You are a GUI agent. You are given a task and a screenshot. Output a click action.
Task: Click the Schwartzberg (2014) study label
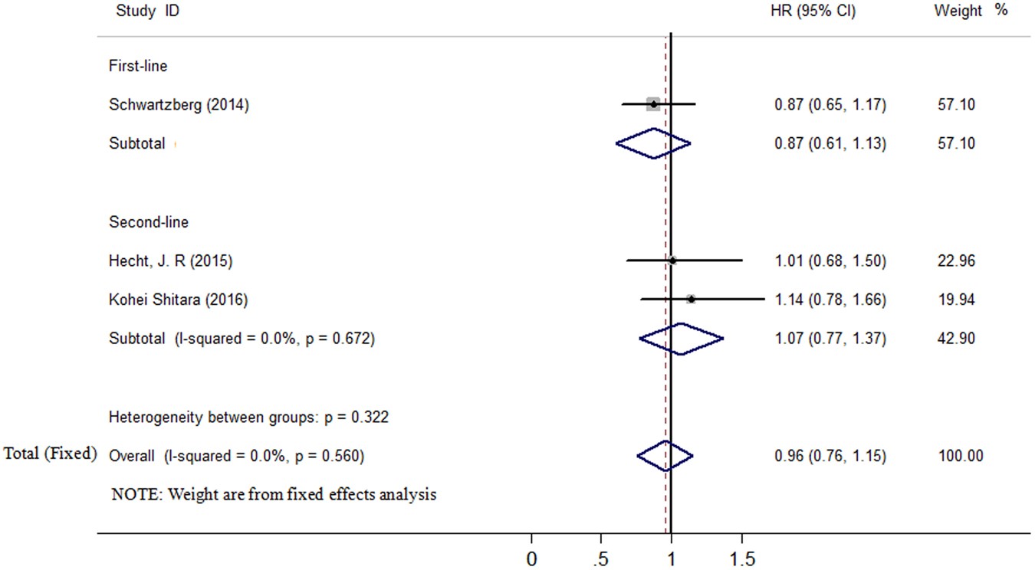tap(179, 106)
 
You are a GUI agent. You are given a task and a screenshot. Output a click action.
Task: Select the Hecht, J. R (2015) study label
tap(170, 261)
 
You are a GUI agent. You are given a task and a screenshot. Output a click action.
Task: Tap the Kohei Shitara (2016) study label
tap(178, 300)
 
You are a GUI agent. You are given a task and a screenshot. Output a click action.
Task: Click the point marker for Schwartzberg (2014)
tap(652, 103)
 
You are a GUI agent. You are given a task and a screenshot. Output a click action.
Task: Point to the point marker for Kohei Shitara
tap(691, 299)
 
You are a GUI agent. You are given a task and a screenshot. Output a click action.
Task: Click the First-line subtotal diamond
tap(653, 143)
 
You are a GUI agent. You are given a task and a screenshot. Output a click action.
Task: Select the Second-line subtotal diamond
tap(681, 339)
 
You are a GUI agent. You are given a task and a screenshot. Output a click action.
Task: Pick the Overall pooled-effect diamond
tap(665, 456)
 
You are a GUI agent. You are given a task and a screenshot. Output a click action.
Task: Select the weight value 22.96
tap(956, 261)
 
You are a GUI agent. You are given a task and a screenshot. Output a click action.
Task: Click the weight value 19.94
tap(956, 300)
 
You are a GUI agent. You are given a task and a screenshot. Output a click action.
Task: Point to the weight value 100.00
tap(960, 457)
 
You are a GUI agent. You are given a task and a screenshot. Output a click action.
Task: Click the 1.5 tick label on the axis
tap(741, 559)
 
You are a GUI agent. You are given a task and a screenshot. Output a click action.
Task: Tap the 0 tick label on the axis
tap(531, 559)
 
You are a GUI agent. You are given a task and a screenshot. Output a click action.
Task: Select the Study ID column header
tap(148, 11)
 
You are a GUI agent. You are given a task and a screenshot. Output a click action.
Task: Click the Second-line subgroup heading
tap(149, 222)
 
